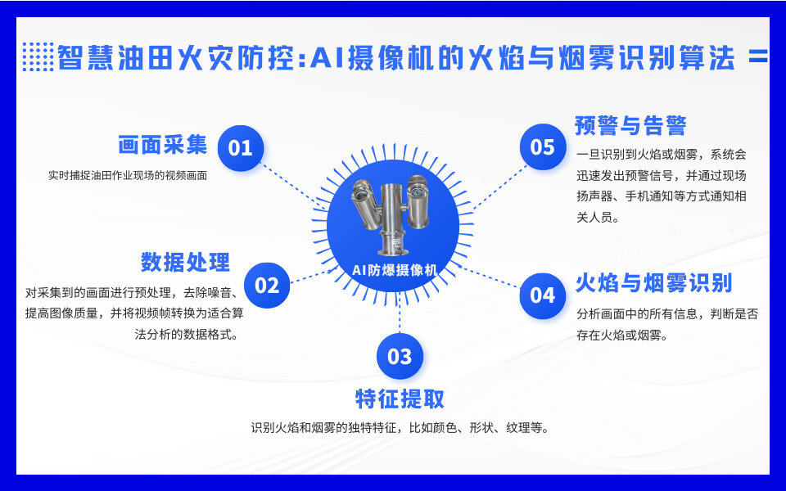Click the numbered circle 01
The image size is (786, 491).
pos(241,148)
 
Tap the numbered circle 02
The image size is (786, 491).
pos(268,285)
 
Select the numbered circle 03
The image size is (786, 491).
pos(400,356)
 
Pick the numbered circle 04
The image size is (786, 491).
pos(543,295)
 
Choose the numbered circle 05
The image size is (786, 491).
pos(543,147)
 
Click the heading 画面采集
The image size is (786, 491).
pos(162,146)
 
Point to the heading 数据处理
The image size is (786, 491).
pos(185,263)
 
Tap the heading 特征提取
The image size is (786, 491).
pos(400,399)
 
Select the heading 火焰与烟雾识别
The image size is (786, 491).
pos(653,283)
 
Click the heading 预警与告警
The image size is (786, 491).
pos(630,125)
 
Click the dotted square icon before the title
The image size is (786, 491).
pos(38,57)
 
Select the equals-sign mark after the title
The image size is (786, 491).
pos(758,57)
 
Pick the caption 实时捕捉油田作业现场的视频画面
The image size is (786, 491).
pos(128,175)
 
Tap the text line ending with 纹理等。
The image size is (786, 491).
pos(400,428)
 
